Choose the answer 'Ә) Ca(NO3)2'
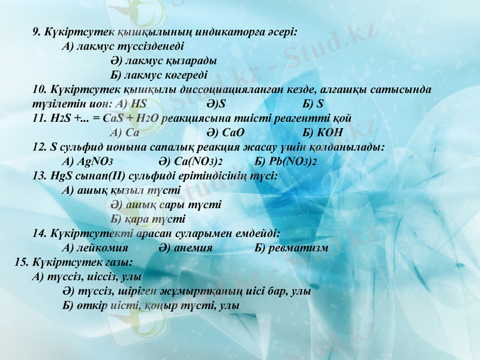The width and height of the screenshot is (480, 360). [x=190, y=161]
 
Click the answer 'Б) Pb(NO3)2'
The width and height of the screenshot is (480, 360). [x=286, y=161]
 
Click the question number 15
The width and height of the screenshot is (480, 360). [x=21, y=262]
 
